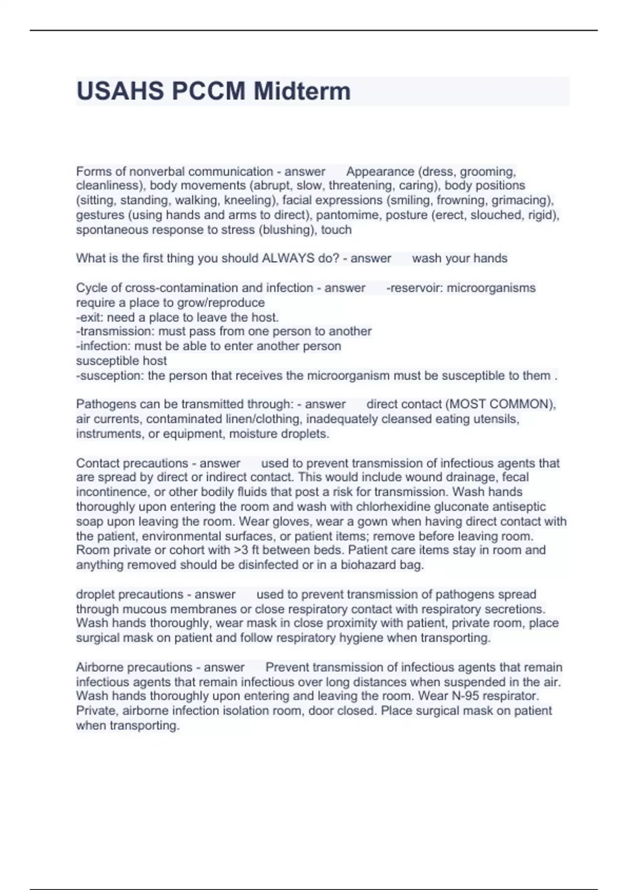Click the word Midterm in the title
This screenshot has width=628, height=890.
302,91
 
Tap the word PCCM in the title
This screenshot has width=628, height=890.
208,91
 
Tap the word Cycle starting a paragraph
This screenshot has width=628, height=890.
91,287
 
